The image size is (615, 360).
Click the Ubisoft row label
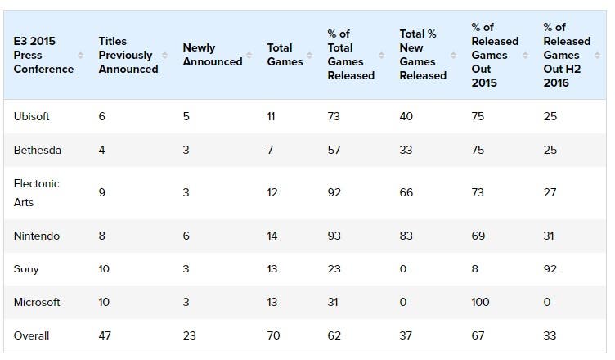tap(31, 117)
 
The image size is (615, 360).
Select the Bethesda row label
tap(38, 150)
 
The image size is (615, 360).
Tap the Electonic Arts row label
tap(36, 193)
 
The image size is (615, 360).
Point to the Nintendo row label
tap(37, 236)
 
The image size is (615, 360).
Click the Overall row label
tap(31, 335)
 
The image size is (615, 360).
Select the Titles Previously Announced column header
tap(128, 55)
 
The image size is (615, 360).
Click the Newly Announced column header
tap(213, 55)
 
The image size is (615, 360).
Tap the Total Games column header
tap(285, 55)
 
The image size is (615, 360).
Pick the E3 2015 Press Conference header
tap(43, 55)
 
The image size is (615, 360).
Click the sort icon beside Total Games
tap(309, 56)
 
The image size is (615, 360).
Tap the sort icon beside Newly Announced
tap(249, 56)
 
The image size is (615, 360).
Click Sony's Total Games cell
tap(272, 269)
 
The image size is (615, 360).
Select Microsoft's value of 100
tap(480, 302)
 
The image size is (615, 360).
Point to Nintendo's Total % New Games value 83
tap(406, 236)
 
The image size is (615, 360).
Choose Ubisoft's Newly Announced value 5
tap(186, 117)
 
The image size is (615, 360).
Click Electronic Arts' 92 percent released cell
tap(334, 192)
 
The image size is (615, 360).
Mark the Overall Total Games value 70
tap(273, 335)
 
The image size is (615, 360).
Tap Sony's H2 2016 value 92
tap(550, 269)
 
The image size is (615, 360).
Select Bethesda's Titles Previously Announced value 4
tap(101, 150)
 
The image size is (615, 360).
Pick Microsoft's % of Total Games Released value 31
tap(333, 302)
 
